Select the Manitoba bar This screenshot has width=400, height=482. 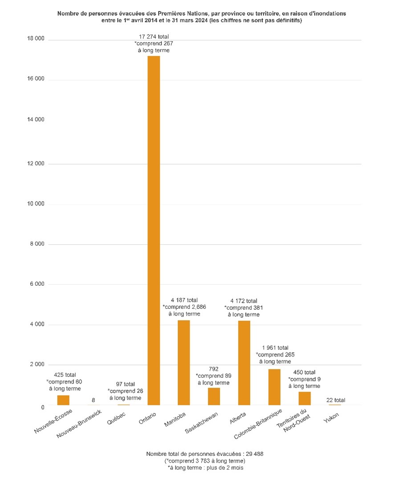(x=184, y=362)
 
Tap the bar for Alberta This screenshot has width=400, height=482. (x=244, y=362)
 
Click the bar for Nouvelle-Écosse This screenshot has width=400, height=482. (x=63, y=400)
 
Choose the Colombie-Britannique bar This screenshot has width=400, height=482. (x=274, y=387)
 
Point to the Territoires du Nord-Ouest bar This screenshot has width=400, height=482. (x=305, y=398)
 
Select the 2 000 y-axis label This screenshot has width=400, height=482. (x=37, y=365)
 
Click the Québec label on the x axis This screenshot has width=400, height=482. (x=118, y=418)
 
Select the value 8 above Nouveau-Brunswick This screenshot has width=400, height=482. (x=93, y=400)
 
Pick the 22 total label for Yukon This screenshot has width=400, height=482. (x=335, y=400)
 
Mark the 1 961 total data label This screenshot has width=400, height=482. (x=274, y=348)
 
